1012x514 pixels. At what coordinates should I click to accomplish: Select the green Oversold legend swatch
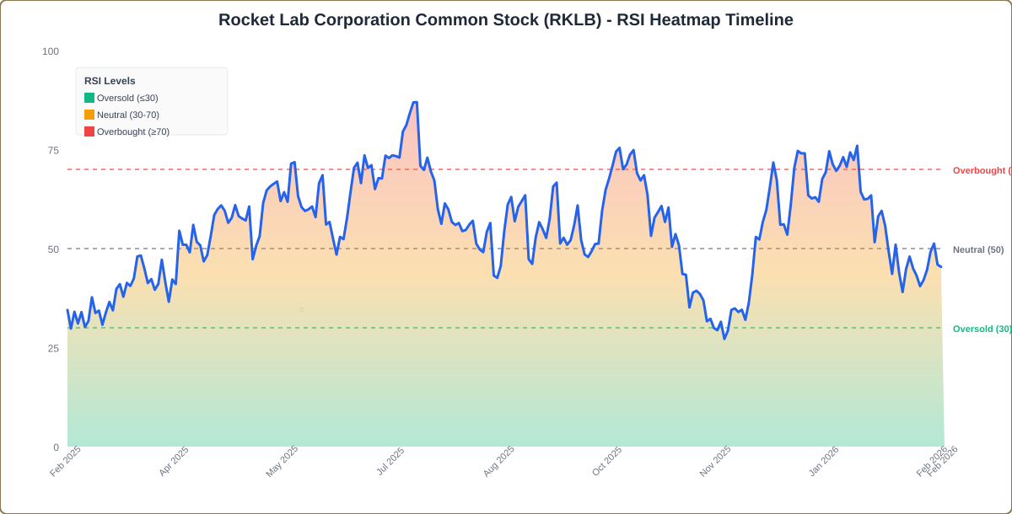click(89, 98)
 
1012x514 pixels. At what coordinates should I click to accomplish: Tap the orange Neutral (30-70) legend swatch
click(89, 115)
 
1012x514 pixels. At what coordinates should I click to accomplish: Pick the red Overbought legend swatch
click(89, 131)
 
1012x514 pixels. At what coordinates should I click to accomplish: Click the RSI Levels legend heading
click(110, 81)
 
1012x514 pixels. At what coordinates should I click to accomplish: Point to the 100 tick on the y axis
click(51, 51)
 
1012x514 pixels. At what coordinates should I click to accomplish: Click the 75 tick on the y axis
click(53, 150)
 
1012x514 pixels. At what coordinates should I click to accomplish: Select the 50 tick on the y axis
click(53, 249)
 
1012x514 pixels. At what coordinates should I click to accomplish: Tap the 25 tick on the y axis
click(53, 348)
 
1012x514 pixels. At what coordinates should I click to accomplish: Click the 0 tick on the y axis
click(56, 447)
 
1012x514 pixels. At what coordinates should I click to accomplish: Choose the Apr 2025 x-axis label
click(174, 462)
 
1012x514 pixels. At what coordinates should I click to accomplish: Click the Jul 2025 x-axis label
click(390, 462)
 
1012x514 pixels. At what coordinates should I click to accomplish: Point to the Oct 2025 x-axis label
click(606, 462)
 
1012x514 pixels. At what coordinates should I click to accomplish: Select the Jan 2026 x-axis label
click(823, 462)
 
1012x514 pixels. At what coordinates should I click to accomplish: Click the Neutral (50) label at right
click(978, 249)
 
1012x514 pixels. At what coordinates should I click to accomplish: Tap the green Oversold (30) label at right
click(982, 329)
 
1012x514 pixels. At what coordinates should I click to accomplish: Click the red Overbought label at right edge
click(982, 170)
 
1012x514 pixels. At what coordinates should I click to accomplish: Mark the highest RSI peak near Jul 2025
click(414, 103)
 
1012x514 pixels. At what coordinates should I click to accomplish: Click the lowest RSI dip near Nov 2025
click(724, 339)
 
